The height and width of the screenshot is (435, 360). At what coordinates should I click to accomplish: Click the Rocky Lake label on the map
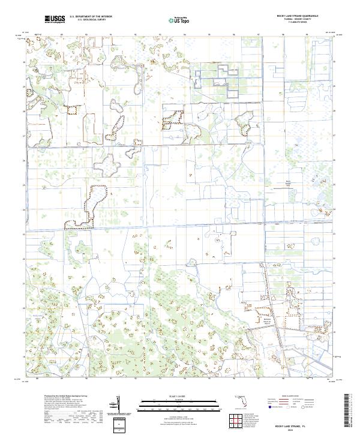tap(36, 314)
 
